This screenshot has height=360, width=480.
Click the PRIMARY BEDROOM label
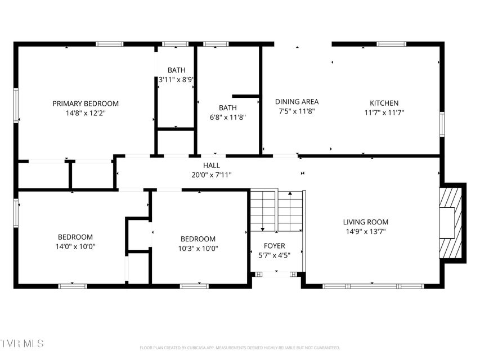86,103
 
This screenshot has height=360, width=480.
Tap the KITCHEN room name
384,103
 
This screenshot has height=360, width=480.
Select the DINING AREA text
297,102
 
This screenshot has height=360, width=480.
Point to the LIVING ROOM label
366,222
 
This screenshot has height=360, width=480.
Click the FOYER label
274,246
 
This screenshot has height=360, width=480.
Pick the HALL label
212,165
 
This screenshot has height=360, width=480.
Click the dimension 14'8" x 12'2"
86,113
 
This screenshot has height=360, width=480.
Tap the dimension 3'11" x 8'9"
176,80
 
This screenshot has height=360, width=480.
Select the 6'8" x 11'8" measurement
228,117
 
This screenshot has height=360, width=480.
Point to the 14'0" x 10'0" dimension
75,246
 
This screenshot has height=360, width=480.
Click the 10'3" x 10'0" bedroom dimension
198,248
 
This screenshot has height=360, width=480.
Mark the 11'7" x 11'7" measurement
384,112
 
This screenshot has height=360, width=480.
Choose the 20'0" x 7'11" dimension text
212,175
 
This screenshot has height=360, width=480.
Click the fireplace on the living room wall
451,223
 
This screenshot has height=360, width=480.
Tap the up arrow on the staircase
290,211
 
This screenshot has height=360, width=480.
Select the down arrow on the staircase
263,211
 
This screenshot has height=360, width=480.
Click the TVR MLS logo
22,344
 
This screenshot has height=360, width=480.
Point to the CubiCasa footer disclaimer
240,348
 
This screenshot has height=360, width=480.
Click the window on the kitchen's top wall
391,44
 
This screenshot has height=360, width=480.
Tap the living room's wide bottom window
373,286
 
